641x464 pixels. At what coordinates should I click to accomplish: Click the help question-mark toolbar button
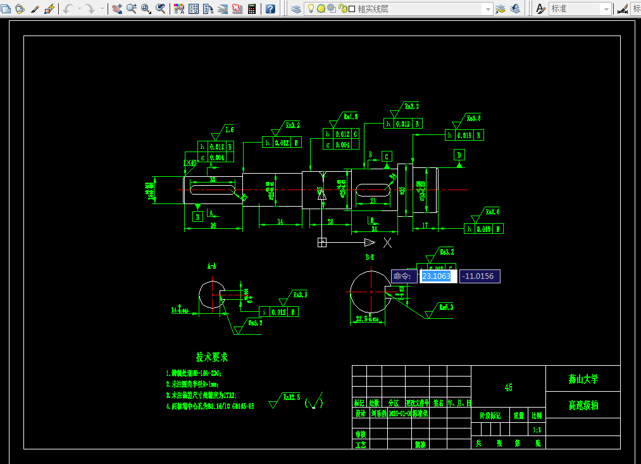(270, 9)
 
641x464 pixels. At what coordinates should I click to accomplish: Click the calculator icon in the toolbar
(252, 9)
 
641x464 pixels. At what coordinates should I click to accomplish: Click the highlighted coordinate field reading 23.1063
(436, 276)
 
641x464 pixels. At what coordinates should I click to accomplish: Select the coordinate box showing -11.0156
(480, 276)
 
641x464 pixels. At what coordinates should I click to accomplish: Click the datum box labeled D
(459, 155)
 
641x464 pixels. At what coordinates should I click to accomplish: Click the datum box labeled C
(387, 156)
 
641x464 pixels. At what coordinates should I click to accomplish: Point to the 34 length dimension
(280, 221)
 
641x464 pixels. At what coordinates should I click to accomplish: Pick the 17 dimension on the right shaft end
(425, 225)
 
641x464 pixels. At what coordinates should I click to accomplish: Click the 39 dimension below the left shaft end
(213, 225)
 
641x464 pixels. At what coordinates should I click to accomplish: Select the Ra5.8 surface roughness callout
(473, 118)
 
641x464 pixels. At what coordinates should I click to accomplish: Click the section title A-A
(211, 266)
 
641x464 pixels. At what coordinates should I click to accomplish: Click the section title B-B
(370, 257)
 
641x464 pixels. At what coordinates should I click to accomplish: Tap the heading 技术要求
(211, 358)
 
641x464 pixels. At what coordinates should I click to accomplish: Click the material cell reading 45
(508, 387)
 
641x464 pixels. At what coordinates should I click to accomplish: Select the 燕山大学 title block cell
(583, 380)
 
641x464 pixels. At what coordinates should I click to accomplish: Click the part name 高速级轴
(583, 406)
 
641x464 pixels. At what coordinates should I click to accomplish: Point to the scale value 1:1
(537, 429)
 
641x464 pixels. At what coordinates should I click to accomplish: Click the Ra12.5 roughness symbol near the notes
(284, 399)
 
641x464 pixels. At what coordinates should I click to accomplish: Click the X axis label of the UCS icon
(387, 243)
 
